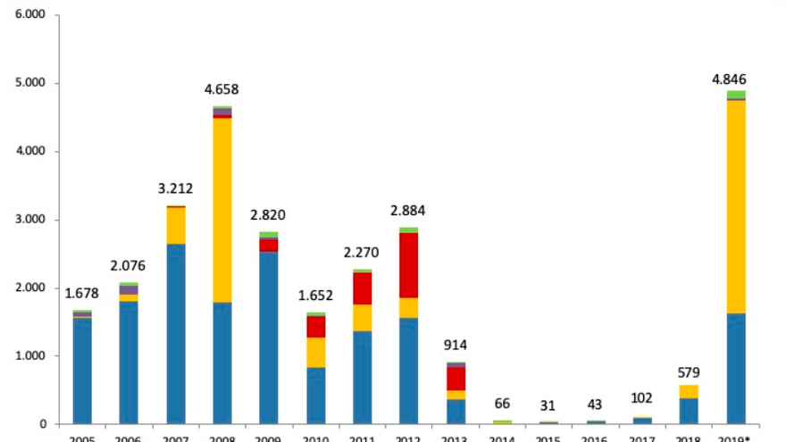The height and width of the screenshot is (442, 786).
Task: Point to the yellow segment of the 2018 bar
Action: coord(689,391)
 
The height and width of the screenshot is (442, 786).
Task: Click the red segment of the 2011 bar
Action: coord(362,288)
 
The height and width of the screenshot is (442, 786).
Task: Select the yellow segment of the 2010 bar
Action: coord(315,353)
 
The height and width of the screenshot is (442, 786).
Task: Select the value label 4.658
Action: coord(222,89)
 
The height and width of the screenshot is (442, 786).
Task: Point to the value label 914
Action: coord(455,346)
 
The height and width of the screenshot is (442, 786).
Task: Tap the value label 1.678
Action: coord(82,293)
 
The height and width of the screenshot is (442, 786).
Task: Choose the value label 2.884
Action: coord(408,212)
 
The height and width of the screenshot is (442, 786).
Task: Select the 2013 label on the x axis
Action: coord(455,438)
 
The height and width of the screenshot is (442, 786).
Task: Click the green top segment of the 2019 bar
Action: coord(736,95)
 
